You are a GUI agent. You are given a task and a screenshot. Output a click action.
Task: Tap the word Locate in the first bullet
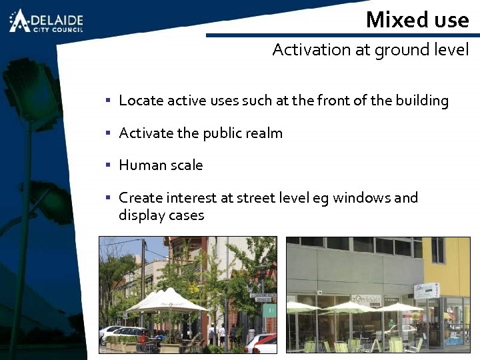point(141,101)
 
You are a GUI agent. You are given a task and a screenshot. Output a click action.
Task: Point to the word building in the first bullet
point(422,101)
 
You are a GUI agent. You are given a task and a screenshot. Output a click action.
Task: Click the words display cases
point(161,215)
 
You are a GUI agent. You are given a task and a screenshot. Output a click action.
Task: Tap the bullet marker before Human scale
point(107,165)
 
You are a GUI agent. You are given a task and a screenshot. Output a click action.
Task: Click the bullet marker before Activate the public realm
point(107,133)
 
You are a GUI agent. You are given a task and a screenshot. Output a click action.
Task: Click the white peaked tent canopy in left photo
point(167,301)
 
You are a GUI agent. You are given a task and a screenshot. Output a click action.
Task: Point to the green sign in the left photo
point(269,310)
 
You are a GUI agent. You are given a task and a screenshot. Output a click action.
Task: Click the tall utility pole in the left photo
point(142,280)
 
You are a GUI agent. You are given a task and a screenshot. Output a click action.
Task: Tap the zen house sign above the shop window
point(367,299)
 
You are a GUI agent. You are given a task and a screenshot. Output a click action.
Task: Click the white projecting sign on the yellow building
point(427,290)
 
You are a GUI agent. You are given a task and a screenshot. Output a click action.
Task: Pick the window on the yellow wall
point(437,250)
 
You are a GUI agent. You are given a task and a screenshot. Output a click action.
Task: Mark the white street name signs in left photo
point(263,297)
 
